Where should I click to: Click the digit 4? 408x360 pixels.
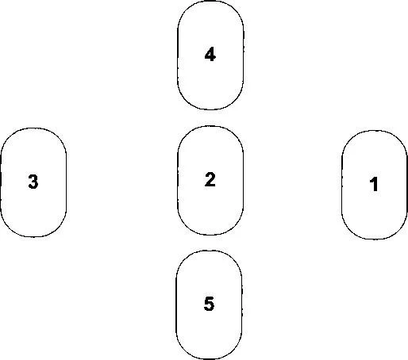(210, 55)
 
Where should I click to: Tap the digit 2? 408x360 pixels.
(210, 179)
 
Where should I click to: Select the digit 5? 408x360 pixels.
(209, 304)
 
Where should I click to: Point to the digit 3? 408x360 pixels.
(33, 182)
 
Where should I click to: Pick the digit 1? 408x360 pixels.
(374, 184)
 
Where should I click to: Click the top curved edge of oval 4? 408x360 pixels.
(210, 2)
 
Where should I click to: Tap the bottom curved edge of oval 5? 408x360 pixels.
(209, 358)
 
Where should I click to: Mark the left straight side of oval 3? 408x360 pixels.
(1, 182)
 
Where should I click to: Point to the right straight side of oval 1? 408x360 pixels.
(406, 185)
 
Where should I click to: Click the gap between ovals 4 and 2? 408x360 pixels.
(210, 117)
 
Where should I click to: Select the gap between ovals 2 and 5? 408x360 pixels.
(210, 243)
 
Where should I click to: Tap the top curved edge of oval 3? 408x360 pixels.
(33, 128)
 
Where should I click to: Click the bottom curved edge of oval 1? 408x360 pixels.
(375, 239)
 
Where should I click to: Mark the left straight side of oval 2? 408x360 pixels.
(178, 180)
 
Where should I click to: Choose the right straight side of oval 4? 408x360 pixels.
(243, 55)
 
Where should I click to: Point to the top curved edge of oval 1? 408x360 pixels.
(375, 131)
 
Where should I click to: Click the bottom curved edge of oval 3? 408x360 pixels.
(33, 236)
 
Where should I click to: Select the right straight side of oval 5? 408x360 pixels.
(241, 304)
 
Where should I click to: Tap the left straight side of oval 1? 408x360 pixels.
(342, 185)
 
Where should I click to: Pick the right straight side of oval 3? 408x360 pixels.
(66, 182)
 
